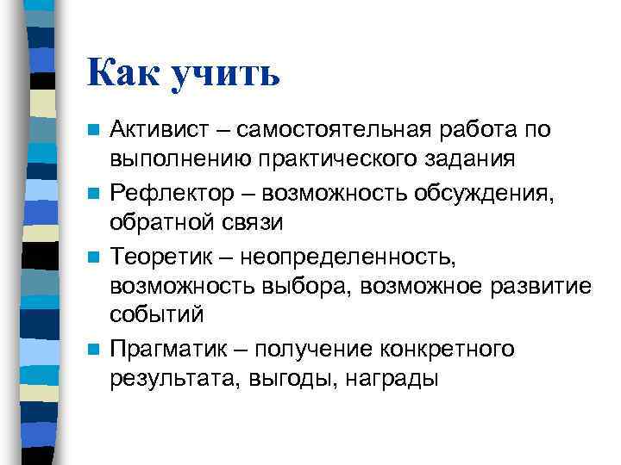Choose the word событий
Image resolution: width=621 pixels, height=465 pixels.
point(156,315)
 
